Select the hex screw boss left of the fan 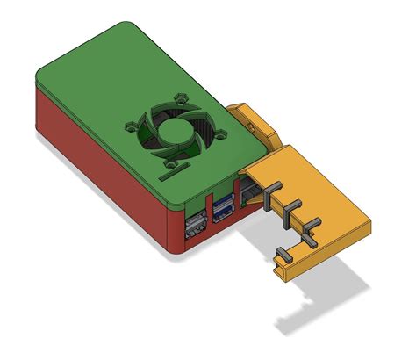135,121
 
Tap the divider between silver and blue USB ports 210,217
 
